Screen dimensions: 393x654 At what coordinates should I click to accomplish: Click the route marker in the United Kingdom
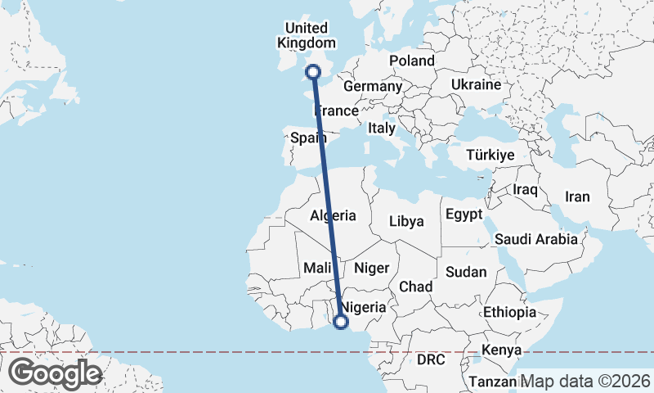(312, 74)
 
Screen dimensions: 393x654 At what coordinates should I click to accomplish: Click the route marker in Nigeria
(341, 322)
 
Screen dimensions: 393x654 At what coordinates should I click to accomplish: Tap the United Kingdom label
(307, 35)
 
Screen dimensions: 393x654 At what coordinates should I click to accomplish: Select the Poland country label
(412, 61)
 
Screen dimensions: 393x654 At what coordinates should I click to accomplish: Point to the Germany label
(373, 86)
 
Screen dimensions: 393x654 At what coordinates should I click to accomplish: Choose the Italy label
(381, 128)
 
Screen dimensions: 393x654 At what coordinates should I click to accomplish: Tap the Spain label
(309, 138)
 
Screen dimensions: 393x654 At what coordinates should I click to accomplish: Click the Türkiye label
(490, 155)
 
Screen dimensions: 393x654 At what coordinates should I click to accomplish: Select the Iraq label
(524, 189)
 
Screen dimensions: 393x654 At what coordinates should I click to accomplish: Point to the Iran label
(577, 196)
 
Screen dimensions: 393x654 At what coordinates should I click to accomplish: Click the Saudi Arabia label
(536, 239)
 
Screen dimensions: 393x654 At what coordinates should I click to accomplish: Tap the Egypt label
(464, 215)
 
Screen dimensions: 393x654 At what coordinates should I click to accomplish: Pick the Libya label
(406, 221)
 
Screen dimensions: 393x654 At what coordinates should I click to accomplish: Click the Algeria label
(333, 215)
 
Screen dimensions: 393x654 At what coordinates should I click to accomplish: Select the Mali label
(316, 267)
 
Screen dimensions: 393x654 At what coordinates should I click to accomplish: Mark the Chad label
(415, 287)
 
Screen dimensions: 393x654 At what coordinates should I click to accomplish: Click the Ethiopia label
(509, 312)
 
